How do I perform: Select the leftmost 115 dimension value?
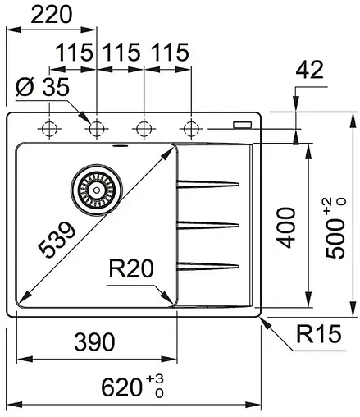pos(75,54)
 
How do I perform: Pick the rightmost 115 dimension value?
pos(170,54)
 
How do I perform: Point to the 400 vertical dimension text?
pos(285,227)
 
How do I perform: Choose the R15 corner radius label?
pos(317,335)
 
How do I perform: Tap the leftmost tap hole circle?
pos(49,128)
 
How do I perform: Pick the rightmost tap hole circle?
pos(192,128)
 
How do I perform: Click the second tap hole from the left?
pos(97,128)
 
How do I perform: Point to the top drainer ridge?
pos(209,182)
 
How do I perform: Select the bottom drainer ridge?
pos(209,264)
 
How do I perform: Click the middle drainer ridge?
pos(209,223)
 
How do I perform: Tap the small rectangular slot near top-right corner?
pos(243,125)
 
